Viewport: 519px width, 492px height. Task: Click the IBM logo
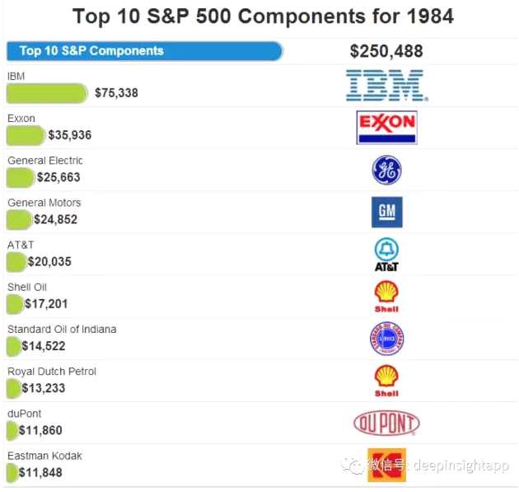tap(385, 85)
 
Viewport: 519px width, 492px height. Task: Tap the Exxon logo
tap(386, 127)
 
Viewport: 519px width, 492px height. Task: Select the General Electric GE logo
tap(386, 170)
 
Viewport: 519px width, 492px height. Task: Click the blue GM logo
tap(386, 212)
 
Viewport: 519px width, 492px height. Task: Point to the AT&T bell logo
tap(386, 254)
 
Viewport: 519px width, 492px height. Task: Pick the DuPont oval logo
tap(386, 424)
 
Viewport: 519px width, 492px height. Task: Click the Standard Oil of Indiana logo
tap(386, 339)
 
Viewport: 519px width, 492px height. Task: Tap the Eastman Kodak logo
tap(386, 465)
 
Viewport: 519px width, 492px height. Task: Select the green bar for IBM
tap(47, 93)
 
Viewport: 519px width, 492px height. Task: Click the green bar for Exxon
tap(26, 135)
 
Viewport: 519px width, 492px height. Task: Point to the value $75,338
tap(116, 93)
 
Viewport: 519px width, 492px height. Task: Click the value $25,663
tap(58, 177)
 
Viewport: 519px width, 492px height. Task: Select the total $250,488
tap(386, 51)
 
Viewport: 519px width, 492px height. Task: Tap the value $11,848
tap(40, 473)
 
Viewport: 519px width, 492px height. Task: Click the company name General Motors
tap(44, 203)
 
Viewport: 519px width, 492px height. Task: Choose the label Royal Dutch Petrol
tap(52, 372)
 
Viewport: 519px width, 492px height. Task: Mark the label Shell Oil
tap(27, 287)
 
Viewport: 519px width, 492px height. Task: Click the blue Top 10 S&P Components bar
tap(144, 51)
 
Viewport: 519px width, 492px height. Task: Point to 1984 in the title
tap(423, 16)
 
